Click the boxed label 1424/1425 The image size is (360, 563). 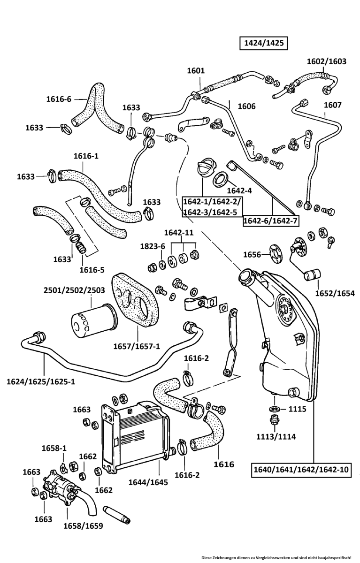click(262, 43)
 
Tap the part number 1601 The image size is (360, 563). click(196, 71)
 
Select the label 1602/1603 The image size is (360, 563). click(326, 61)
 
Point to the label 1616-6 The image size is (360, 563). click(59, 99)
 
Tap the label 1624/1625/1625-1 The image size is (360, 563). click(41, 381)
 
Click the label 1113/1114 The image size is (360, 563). click(276, 436)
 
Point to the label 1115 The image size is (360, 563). click(297, 409)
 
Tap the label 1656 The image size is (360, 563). click(252, 254)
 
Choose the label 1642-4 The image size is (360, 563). click(239, 190)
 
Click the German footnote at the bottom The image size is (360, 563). click(279, 557)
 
